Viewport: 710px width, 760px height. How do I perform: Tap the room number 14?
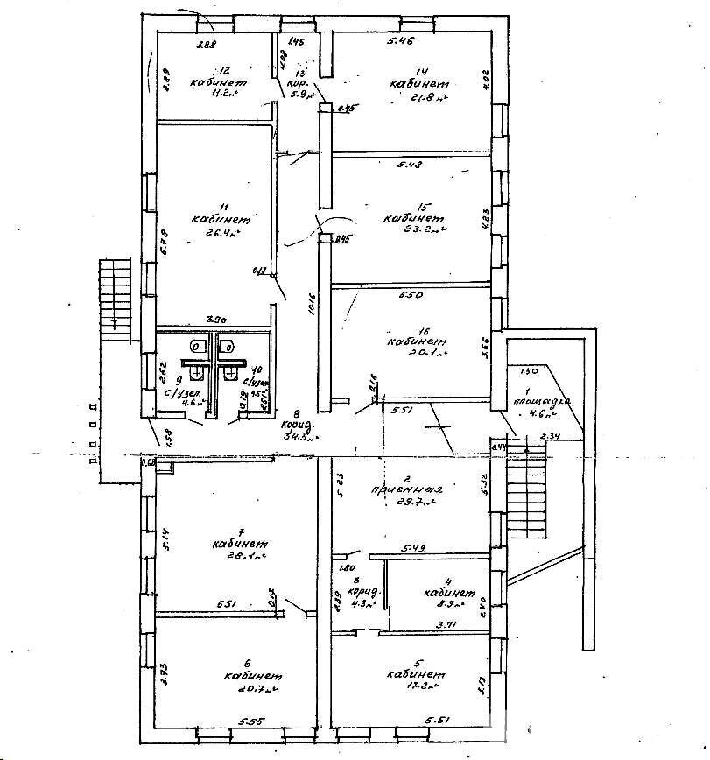pyautogui.click(x=421, y=71)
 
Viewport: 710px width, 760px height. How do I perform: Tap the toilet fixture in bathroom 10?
pyautogui.click(x=227, y=348)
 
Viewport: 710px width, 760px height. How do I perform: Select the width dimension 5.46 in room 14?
pyautogui.click(x=401, y=41)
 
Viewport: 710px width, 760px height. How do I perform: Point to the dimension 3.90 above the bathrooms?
pyautogui.click(x=215, y=320)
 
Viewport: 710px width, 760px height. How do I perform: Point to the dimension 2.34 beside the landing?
pyautogui.click(x=549, y=436)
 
